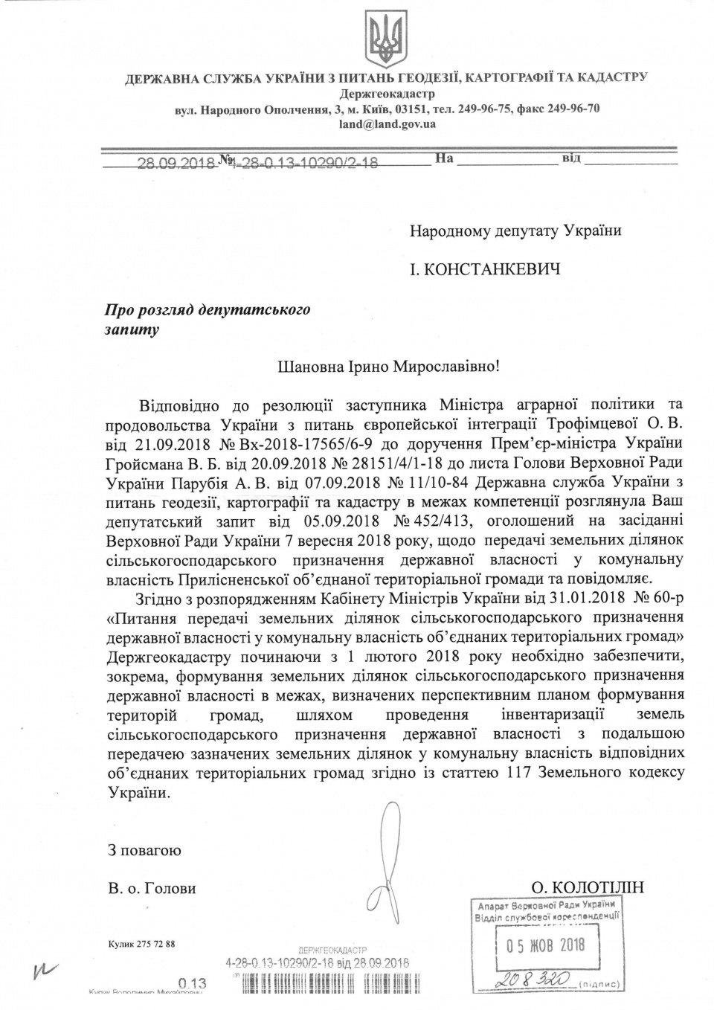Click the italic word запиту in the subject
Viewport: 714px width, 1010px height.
point(132,328)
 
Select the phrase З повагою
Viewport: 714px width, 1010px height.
point(144,849)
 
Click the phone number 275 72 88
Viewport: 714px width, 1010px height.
point(157,944)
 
